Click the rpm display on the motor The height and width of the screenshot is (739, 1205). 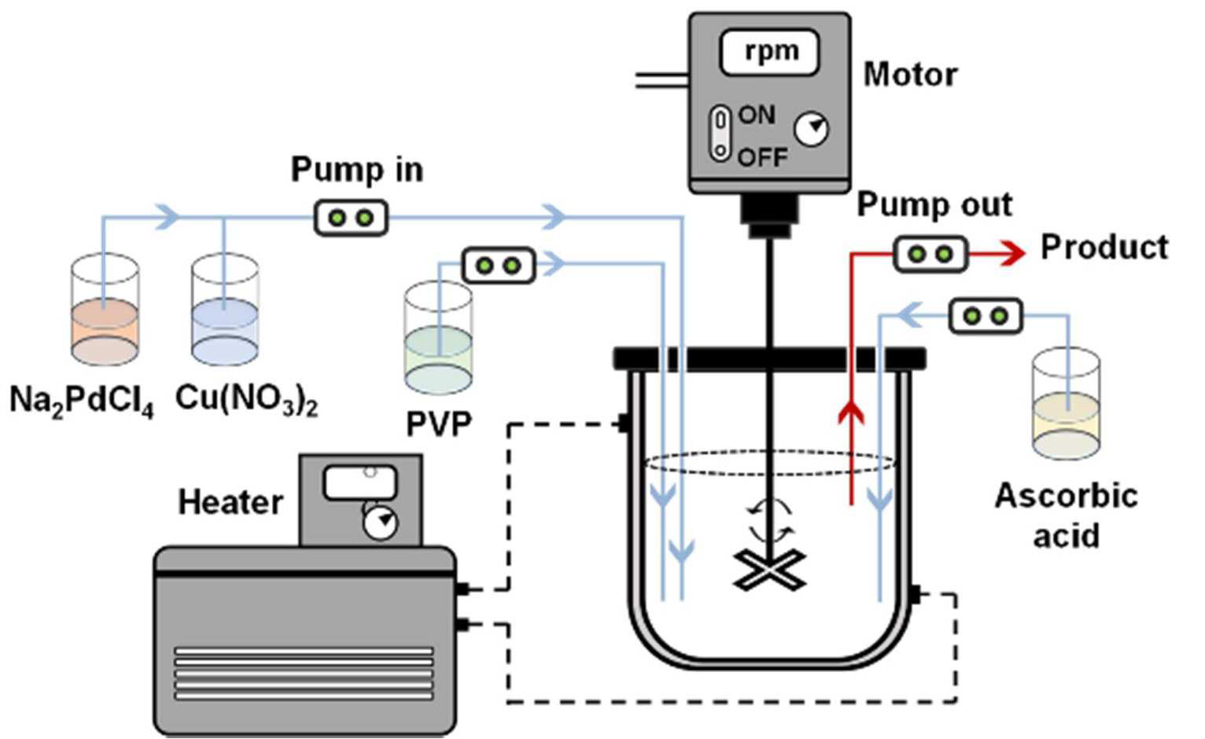[x=769, y=53]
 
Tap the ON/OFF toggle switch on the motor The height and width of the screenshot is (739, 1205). [x=720, y=134]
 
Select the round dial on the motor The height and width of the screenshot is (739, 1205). [x=811, y=129]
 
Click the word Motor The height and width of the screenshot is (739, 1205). [x=910, y=74]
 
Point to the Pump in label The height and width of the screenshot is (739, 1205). [x=357, y=170]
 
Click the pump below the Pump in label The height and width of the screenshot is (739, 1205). [x=351, y=218]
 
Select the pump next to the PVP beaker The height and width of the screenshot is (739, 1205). [x=499, y=265]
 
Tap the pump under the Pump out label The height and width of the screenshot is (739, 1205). [x=930, y=253]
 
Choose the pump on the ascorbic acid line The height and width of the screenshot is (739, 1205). [x=986, y=316]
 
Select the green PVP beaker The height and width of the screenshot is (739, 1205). [x=438, y=338]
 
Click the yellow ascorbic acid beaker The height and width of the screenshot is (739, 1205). [x=1067, y=404]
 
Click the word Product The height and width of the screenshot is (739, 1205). [x=1104, y=248]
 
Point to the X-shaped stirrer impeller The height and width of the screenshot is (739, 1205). [x=770, y=570]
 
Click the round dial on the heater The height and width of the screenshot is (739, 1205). [x=381, y=523]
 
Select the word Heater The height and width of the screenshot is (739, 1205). [x=230, y=503]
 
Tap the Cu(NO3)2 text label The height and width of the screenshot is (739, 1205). [x=247, y=401]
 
